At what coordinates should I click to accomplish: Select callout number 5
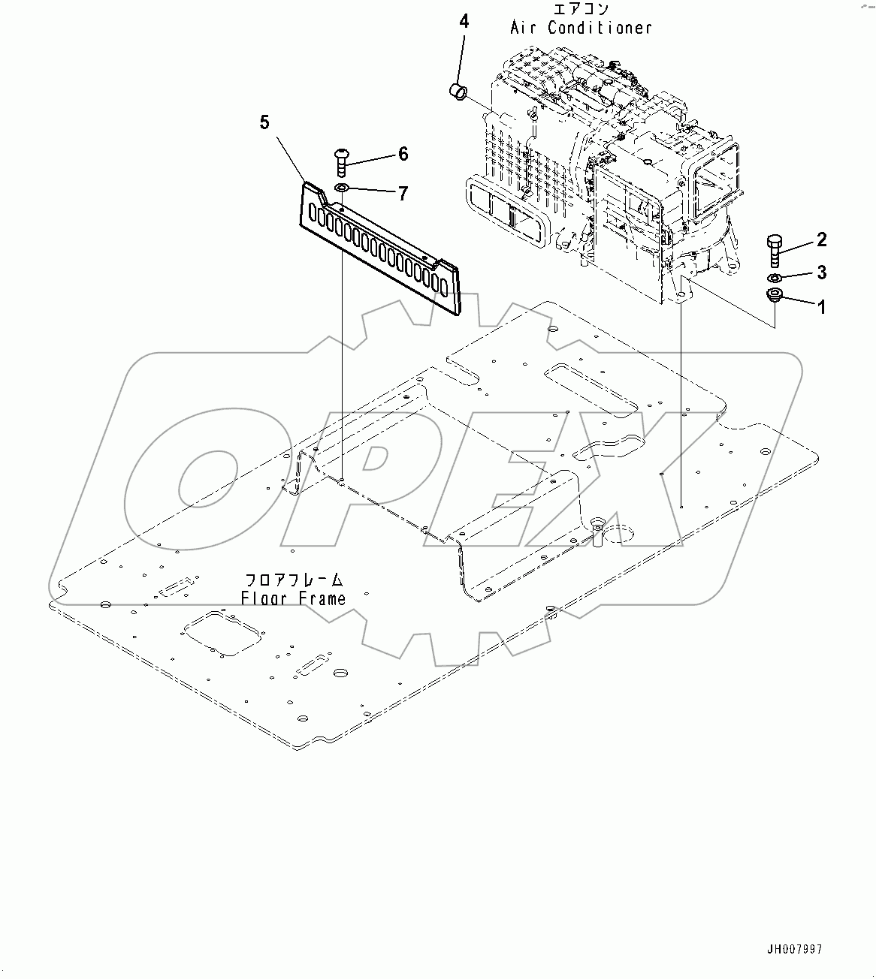click(x=264, y=122)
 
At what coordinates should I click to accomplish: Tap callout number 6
click(x=403, y=154)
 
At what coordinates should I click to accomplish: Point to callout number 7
click(x=403, y=193)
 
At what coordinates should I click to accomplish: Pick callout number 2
click(x=821, y=239)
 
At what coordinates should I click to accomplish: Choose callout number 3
click(x=821, y=273)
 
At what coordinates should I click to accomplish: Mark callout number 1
click(x=821, y=306)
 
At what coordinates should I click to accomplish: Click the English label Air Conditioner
click(x=581, y=28)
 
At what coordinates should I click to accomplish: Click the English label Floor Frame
click(x=293, y=598)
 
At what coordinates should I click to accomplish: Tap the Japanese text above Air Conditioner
click(x=581, y=10)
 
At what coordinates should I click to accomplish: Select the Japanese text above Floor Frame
click(x=294, y=580)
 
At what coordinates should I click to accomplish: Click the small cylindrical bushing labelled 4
click(x=458, y=92)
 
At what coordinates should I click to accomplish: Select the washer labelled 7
click(x=341, y=187)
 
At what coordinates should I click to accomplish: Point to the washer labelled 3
click(x=775, y=279)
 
